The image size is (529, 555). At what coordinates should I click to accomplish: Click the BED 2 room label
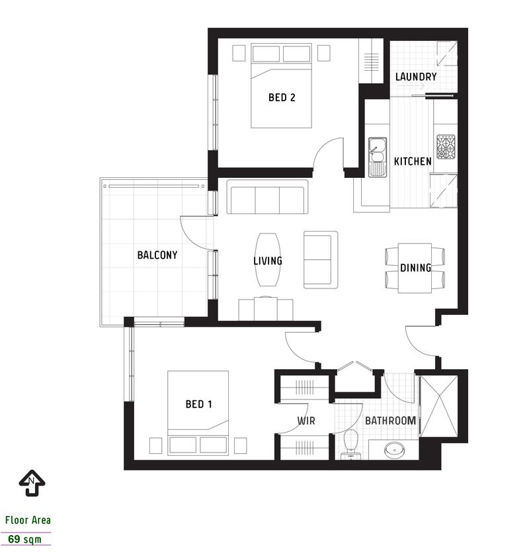(281, 98)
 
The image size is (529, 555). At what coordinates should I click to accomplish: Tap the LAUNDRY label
(416, 77)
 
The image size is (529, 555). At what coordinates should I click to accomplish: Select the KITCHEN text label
(413, 161)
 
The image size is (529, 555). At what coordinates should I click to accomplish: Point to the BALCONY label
(157, 255)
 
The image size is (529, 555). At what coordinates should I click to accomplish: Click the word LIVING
(268, 261)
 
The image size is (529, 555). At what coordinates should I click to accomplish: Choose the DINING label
(415, 268)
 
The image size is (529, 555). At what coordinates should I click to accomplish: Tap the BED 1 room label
(198, 404)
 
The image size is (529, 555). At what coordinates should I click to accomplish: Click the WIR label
(305, 420)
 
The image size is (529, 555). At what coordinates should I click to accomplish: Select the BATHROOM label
(390, 420)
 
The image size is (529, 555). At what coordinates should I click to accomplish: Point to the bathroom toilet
(350, 442)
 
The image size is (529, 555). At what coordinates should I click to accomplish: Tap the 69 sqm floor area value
(24, 539)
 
